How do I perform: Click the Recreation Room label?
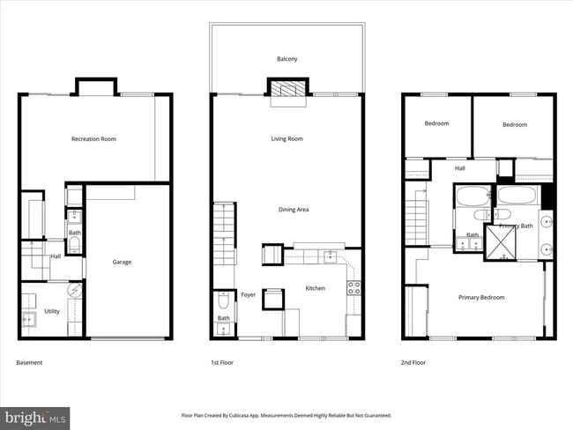93,138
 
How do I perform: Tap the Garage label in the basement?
122,262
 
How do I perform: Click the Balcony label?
286,59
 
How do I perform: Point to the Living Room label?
286,138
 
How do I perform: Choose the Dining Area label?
293,210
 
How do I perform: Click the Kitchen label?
316,288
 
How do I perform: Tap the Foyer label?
249,294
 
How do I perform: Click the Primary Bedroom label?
481,297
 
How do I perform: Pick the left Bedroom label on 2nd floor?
436,124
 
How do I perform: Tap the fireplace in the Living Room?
290,89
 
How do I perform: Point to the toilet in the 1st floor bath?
224,302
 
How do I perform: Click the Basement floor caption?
29,362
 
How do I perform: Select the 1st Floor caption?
222,362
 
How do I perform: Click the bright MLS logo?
35,416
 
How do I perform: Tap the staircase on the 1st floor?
224,234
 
